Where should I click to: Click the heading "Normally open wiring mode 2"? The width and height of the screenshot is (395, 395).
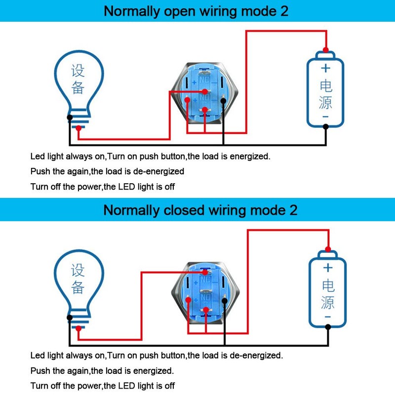pos(196,11)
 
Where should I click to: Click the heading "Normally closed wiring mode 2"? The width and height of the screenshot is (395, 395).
pos(200,210)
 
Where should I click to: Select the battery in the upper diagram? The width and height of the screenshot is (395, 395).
pos(325,91)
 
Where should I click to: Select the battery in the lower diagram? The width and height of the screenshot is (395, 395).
pos(328,291)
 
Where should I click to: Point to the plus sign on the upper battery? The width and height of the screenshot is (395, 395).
pos(325,69)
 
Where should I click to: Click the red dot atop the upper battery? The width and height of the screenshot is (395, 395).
pos(325,49)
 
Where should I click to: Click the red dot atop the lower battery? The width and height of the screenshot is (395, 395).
pos(328,248)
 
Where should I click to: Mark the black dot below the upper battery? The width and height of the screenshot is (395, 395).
pos(325,126)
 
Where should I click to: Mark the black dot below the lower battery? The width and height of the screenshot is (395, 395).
pos(328,326)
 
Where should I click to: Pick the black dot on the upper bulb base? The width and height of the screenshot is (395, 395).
pos(70,118)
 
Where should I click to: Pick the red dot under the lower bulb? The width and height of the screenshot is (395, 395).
pos(78,334)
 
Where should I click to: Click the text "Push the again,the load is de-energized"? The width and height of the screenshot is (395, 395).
pos(107,171)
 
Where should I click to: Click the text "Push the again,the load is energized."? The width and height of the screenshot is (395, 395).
pos(102,370)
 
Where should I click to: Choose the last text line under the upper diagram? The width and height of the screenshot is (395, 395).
pos(102,187)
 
